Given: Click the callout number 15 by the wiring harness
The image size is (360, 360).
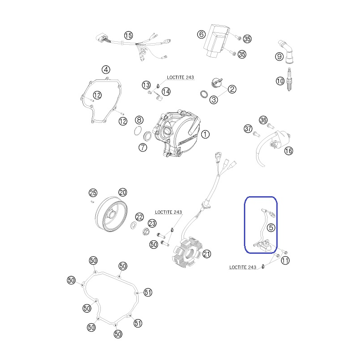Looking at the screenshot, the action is point(128,36).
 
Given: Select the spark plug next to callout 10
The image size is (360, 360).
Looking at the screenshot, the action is point(289,80).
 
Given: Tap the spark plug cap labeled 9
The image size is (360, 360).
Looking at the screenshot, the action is point(288,52).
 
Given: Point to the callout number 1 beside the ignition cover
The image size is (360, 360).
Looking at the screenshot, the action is point(205,134).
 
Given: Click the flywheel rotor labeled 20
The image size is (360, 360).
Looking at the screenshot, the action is point(111,214).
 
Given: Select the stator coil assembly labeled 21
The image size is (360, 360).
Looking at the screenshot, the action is point(187,252).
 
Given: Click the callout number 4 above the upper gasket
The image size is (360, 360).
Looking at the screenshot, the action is point(106,70).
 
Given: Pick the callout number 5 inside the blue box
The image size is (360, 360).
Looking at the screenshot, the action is point(271,228).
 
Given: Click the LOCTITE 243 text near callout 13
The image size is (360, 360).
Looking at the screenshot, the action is point(180,77).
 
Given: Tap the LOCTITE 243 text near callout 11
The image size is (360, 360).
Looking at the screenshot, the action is point(243,267).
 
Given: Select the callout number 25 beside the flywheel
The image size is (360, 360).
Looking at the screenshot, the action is point(93,193).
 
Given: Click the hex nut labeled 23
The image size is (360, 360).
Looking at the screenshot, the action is point(145,231).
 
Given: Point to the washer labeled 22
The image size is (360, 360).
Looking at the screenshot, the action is point(133,225).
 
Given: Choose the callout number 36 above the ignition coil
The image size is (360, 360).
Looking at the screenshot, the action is point(263,120).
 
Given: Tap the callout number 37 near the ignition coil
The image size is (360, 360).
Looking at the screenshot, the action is point(248,129).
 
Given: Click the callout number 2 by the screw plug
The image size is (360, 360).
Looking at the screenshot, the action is point(232,89).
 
